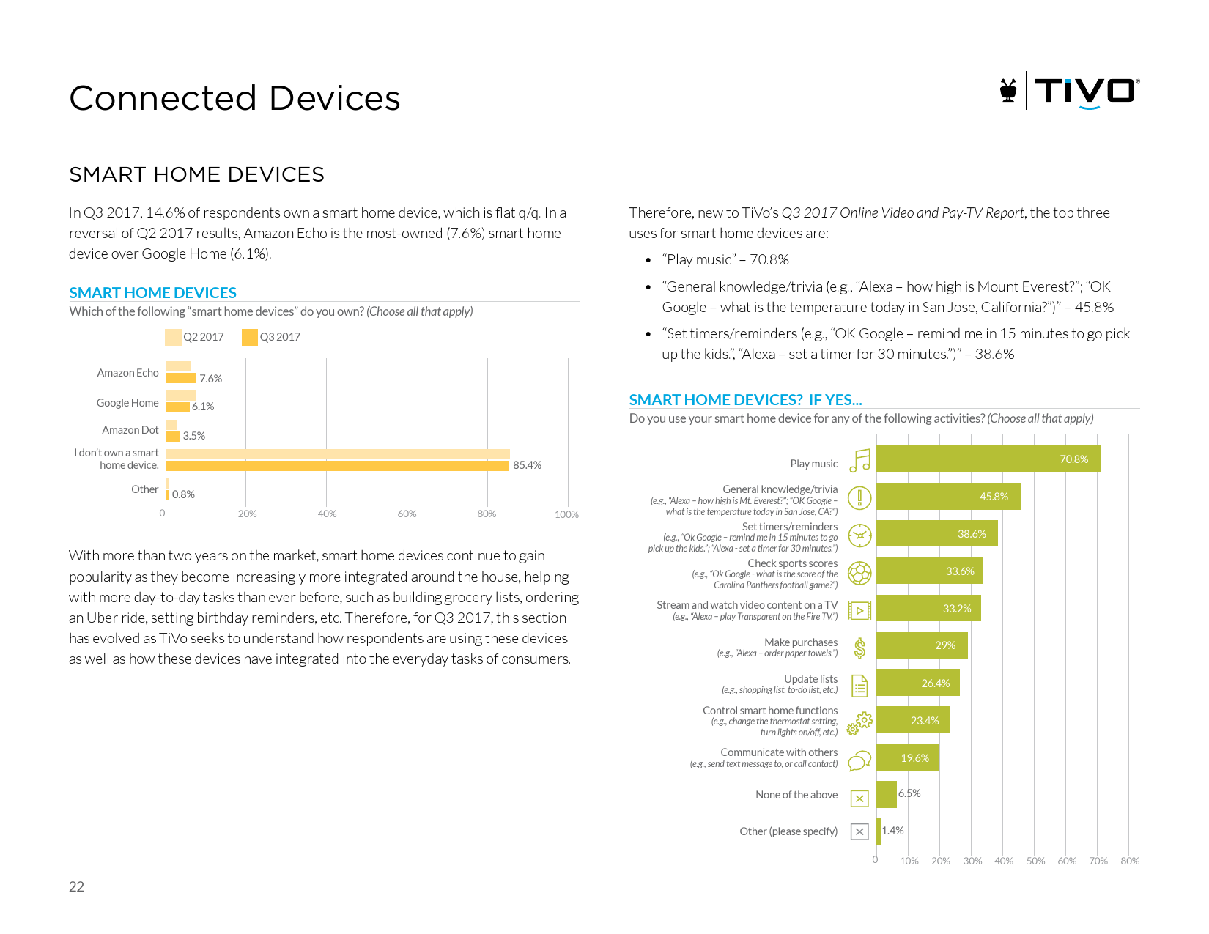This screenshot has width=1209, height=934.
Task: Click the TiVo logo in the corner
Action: (x=1069, y=92)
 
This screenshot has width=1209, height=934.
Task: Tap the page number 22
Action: (x=76, y=886)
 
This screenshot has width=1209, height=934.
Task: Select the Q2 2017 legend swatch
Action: (x=173, y=337)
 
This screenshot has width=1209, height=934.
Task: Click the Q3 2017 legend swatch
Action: (x=250, y=337)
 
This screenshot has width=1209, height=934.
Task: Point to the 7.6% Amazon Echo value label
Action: (x=210, y=379)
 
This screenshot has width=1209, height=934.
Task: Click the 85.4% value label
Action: (x=527, y=465)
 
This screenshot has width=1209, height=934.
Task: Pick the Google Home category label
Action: (x=127, y=403)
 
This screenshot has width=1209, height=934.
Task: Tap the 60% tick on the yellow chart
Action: (x=407, y=514)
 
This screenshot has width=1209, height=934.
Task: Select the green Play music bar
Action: (x=988, y=459)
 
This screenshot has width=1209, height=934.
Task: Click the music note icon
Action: (x=859, y=461)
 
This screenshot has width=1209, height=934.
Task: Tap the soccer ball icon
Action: (x=859, y=572)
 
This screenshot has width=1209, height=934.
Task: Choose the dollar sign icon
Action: (x=859, y=648)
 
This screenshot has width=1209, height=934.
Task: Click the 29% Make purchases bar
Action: (x=922, y=645)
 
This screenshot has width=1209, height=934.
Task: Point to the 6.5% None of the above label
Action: (x=909, y=793)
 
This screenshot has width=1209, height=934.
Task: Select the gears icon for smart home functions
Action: (x=859, y=722)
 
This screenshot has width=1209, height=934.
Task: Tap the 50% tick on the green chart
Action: (x=1035, y=861)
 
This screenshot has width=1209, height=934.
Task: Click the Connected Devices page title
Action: (x=234, y=98)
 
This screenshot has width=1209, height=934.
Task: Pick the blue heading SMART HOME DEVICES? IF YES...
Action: (x=745, y=400)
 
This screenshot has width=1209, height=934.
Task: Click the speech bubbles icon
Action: (x=859, y=760)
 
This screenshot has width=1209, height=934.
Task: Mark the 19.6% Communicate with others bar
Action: (x=907, y=757)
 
